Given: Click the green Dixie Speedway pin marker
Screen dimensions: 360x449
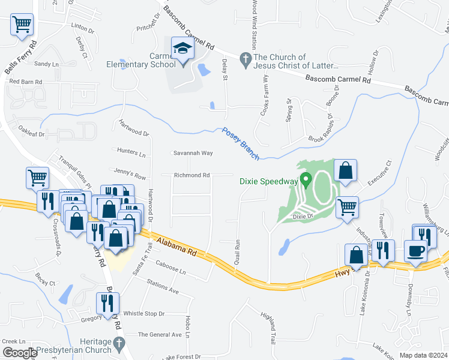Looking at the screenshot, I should click(x=306, y=179).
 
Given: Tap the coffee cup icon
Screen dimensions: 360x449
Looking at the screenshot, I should click(x=415, y=251).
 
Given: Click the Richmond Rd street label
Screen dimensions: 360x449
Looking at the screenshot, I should click(x=191, y=175).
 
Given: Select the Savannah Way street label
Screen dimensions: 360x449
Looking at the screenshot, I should click(x=193, y=153).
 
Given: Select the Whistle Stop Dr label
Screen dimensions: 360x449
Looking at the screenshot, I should click(x=143, y=314).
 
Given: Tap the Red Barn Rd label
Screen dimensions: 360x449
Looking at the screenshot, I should click(x=25, y=81).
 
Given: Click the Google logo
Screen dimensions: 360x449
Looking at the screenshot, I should click(x=20, y=353).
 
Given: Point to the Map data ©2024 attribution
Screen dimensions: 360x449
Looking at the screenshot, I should click(x=423, y=355).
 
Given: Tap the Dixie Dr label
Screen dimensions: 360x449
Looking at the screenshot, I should click(x=303, y=216).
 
